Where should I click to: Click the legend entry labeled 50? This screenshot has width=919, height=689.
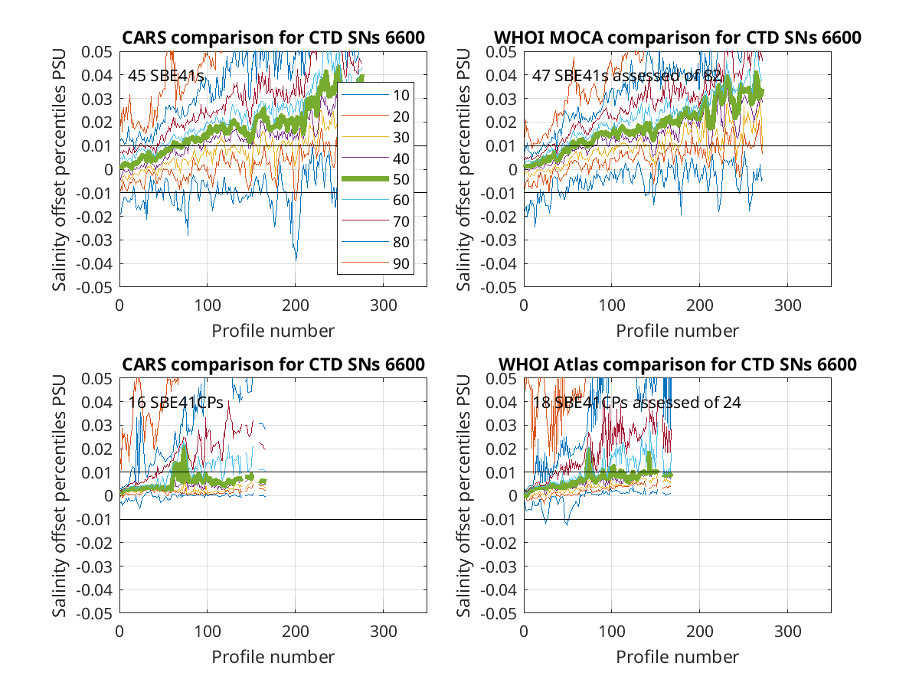tap(375, 179)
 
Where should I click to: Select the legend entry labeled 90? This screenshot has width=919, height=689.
tap(375, 263)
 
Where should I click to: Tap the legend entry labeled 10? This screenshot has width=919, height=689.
tap(375, 96)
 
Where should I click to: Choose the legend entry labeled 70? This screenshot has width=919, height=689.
tap(375, 221)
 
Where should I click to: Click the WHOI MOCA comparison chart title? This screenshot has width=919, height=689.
tap(677, 38)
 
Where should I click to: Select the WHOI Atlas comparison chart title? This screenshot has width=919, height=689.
tap(677, 364)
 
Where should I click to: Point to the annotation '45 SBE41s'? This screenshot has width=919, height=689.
tap(165, 76)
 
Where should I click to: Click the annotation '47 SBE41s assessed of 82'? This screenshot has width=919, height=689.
tap(626, 76)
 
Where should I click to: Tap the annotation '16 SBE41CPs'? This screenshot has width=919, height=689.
tap(175, 403)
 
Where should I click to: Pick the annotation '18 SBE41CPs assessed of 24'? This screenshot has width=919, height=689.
tap(636, 403)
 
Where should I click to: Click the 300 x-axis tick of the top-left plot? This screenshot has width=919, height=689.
tap(383, 305)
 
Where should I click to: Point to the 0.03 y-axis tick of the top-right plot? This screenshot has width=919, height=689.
tap(501, 100)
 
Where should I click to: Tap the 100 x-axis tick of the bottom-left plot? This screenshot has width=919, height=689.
tap(208, 632)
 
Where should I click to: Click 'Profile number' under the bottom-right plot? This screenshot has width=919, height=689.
tap(677, 657)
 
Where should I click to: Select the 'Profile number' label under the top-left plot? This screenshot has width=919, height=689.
tap(273, 331)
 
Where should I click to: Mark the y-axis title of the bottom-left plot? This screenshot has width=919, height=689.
tap(59, 496)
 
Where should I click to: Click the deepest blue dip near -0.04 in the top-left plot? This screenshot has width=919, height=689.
tap(296, 260)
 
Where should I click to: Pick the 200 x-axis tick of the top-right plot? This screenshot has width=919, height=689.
tap(699, 305)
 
